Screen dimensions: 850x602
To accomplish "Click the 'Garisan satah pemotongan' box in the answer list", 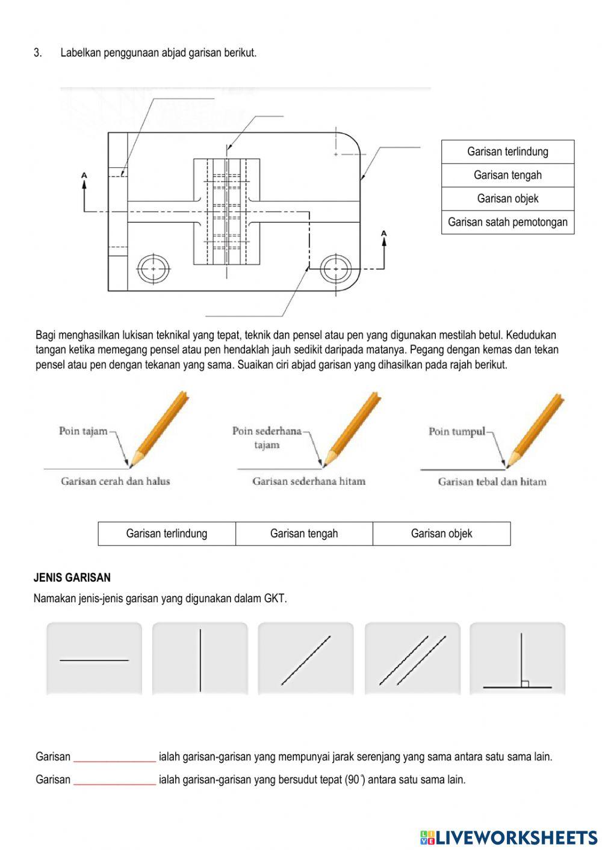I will [x=507, y=222].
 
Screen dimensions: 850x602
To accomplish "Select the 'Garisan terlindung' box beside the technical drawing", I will [x=507, y=152].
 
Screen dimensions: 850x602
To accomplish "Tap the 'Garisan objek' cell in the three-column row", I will [x=441, y=534].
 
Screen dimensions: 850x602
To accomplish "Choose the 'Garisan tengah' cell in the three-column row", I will [x=304, y=534].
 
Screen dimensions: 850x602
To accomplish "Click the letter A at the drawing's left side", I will [x=84, y=176].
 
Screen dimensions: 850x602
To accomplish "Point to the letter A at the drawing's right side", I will [x=384, y=233].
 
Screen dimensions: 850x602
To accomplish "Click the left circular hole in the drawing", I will [x=154, y=268].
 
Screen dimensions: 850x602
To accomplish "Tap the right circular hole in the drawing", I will [x=336, y=268].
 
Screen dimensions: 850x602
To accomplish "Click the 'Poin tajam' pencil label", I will [x=83, y=431].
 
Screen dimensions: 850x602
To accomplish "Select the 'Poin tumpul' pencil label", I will [x=457, y=431].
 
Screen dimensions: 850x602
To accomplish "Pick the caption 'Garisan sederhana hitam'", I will [x=309, y=481].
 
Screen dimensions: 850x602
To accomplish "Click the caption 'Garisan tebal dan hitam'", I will [x=492, y=482].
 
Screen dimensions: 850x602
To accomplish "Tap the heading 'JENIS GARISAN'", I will [x=72, y=577].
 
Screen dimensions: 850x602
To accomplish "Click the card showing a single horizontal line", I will [x=94, y=659].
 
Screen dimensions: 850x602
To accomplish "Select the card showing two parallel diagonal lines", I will [x=412, y=659].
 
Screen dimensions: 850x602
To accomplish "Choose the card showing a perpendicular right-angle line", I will [x=518, y=659].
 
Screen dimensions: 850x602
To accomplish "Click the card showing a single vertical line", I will [x=200, y=659].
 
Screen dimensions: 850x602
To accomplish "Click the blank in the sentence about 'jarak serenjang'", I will [x=114, y=757].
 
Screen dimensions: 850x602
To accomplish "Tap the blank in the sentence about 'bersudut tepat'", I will [x=114, y=780].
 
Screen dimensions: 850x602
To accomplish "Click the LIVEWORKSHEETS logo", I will [x=509, y=837].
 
